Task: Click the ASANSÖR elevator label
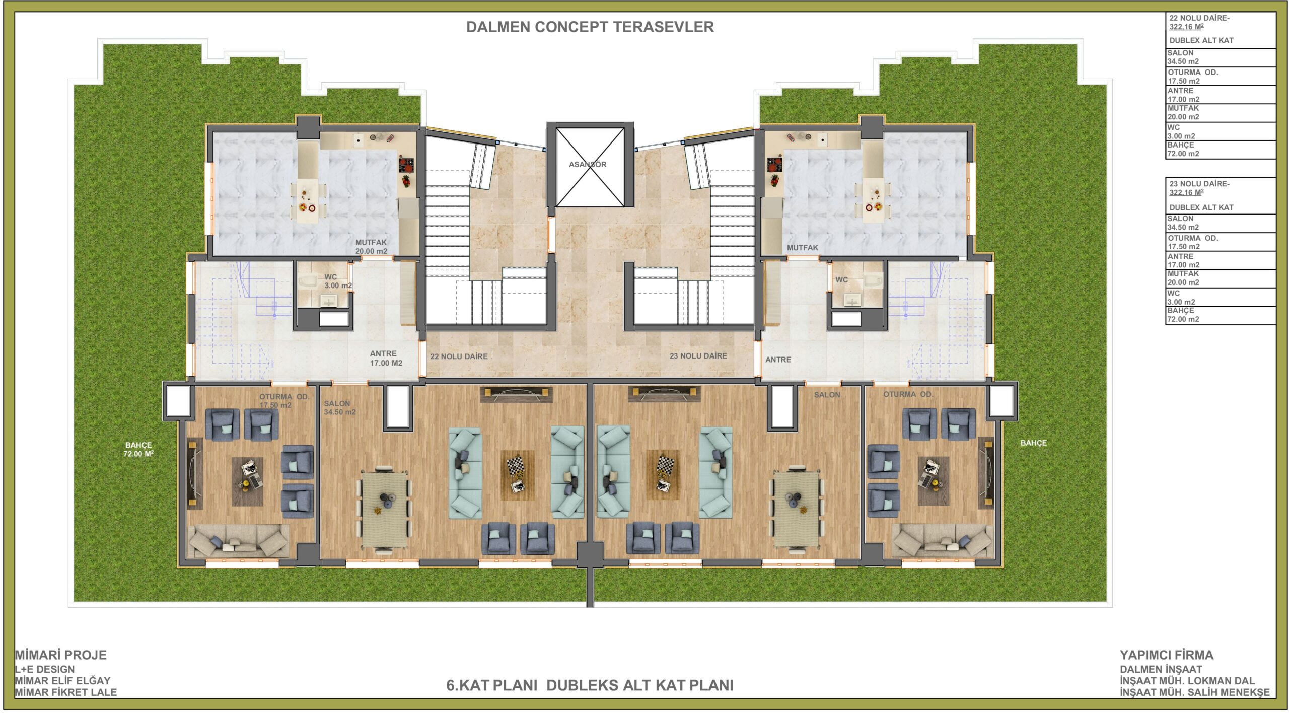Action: [x=588, y=164]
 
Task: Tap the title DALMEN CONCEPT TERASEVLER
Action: [x=590, y=27]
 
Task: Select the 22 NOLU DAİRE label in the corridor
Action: [x=459, y=356]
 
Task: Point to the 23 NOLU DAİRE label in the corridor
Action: [x=698, y=356]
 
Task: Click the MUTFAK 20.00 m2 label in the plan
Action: [x=371, y=247]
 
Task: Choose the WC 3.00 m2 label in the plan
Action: [x=338, y=281]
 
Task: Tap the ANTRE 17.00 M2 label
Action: [x=386, y=358]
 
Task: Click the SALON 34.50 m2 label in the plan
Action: [x=339, y=408]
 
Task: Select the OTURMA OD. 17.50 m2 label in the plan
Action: [x=284, y=401]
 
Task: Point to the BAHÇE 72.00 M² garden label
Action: [x=138, y=449]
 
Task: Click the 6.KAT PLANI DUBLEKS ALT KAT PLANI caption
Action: [x=590, y=685]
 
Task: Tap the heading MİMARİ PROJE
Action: [x=60, y=655]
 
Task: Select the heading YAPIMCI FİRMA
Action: [x=1167, y=655]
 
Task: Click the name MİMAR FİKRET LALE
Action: [x=65, y=692]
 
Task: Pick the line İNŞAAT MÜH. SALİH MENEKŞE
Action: [x=1195, y=692]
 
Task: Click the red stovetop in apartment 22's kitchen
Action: [x=406, y=165]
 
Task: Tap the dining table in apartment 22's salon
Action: [x=385, y=509]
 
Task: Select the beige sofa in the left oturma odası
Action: [x=238, y=541]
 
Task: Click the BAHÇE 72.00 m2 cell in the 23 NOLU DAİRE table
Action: [x=1221, y=315]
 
